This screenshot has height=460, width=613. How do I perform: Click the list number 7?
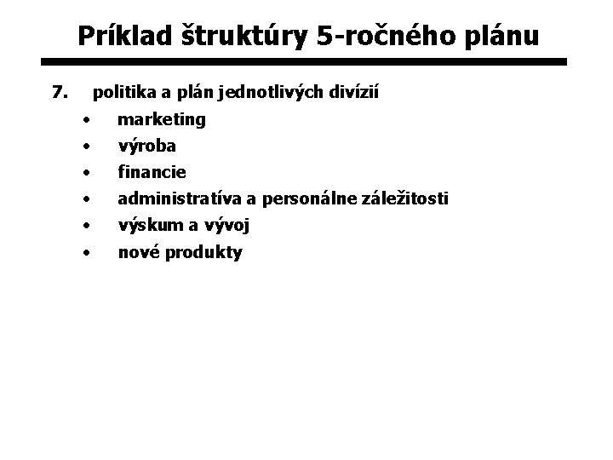(x=59, y=89)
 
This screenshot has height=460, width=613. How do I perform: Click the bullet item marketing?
(x=162, y=120)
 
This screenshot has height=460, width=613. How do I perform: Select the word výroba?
(x=146, y=146)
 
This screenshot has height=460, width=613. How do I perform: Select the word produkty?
(x=205, y=252)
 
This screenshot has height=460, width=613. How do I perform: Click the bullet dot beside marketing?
(x=87, y=118)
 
